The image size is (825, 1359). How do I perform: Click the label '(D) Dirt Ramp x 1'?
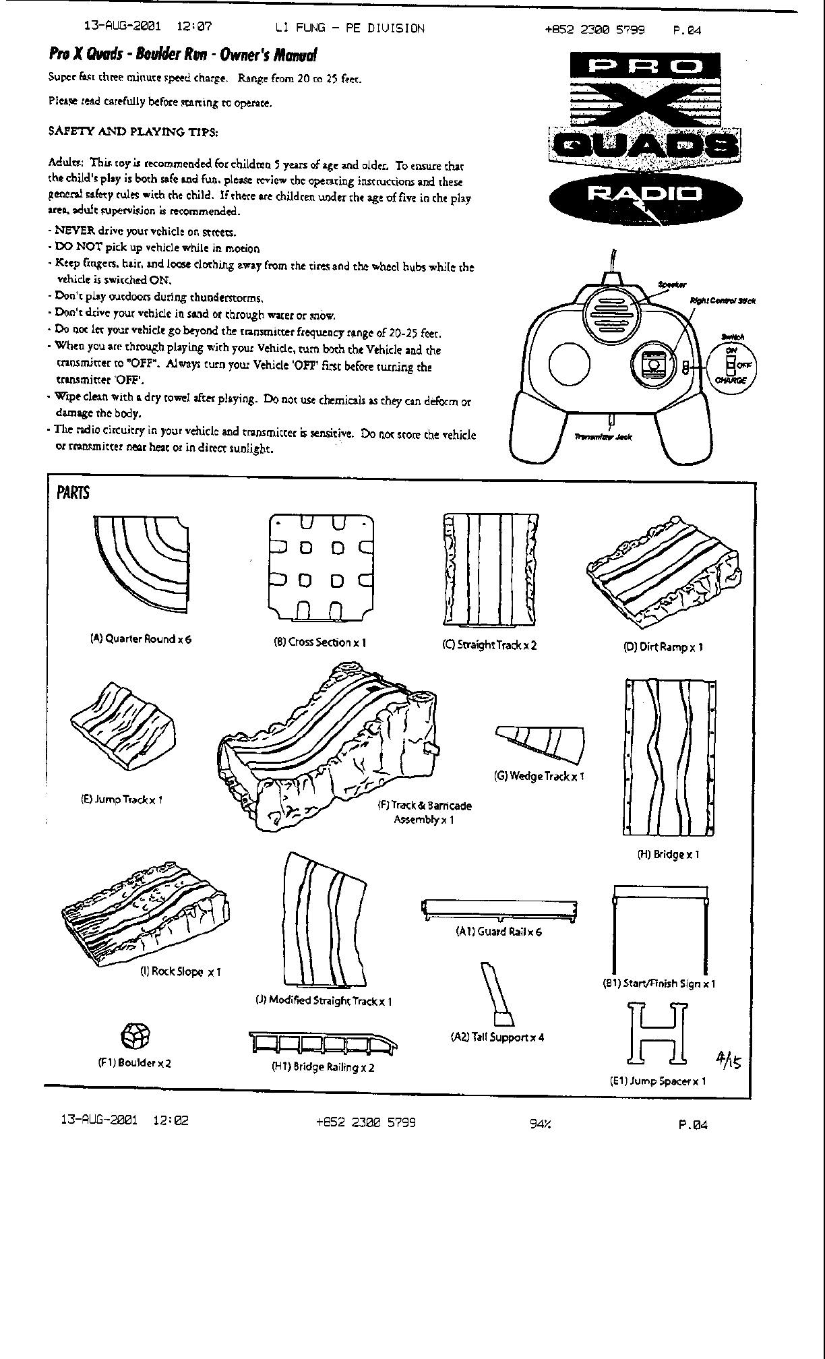pos(663,647)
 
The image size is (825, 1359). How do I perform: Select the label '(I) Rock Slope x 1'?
pos(180,971)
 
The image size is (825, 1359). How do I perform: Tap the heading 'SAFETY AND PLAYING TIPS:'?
pos(133,131)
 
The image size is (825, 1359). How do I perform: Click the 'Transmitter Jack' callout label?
pos(603,437)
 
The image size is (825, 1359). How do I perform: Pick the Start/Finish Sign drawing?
pos(661,927)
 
